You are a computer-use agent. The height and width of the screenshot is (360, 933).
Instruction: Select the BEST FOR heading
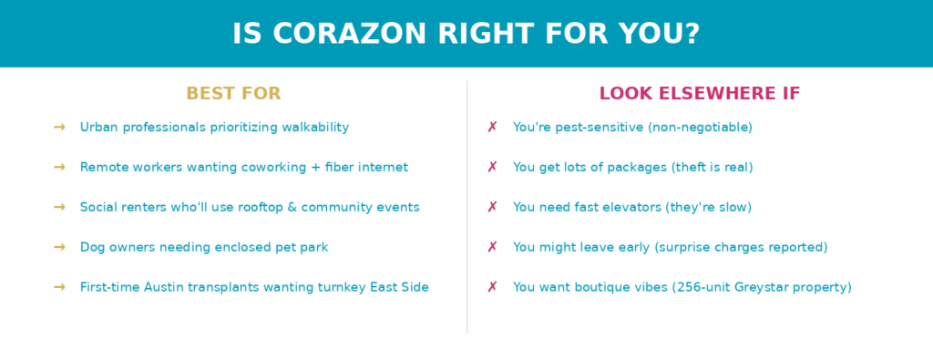click(x=233, y=94)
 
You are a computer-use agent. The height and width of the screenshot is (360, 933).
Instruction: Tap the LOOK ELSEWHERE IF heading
click(x=700, y=94)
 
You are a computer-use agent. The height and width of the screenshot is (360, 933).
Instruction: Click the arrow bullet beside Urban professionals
click(x=59, y=128)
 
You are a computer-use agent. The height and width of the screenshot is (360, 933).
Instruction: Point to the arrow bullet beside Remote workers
click(x=59, y=167)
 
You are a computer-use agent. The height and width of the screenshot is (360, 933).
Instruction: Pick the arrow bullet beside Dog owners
click(x=59, y=247)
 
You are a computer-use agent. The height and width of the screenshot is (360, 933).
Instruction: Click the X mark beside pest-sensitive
click(x=492, y=128)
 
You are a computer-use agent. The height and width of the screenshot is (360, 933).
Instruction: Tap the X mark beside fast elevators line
click(x=492, y=207)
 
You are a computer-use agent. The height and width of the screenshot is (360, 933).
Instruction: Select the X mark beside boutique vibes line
click(x=492, y=287)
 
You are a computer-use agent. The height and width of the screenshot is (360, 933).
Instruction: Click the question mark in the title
click(x=691, y=34)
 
